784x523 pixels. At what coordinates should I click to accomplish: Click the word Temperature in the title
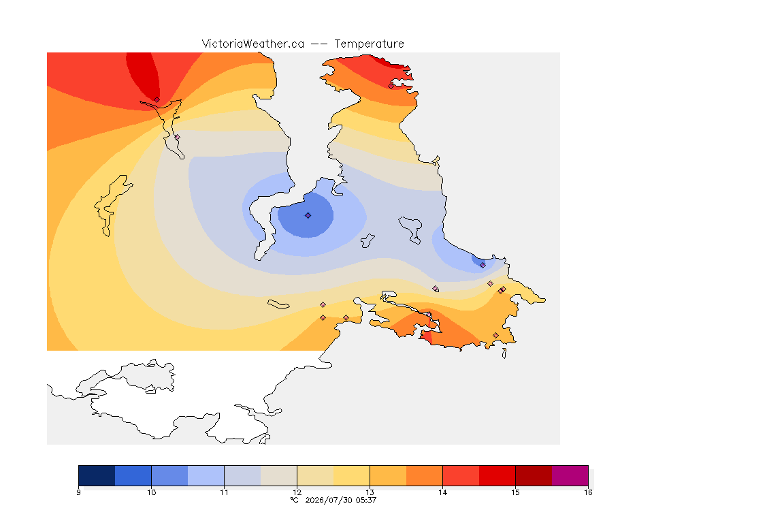tap(369, 44)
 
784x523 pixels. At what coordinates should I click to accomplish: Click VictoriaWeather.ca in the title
tap(253, 44)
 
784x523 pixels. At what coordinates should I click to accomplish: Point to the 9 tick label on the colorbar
tap(78, 492)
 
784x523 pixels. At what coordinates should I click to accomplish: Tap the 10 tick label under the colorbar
tap(151, 492)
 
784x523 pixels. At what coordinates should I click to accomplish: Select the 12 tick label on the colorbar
tap(297, 492)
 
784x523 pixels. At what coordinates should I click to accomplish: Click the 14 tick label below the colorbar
tap(442, 492)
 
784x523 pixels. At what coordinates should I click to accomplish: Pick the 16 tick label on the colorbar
tap(588, 492)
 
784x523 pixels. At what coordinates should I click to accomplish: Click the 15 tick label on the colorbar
tap(515, 492)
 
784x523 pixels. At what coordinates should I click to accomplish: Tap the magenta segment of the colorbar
tap(570, 475)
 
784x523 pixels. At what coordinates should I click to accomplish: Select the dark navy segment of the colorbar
tap(97, 475)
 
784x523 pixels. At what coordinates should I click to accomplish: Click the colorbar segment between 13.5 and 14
tap(425, 475)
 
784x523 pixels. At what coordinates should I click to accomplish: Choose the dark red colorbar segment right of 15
tap(534, 475)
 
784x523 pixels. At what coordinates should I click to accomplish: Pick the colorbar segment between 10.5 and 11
tap(206, 475)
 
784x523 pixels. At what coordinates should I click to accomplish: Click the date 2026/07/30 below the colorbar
tap(329, 500)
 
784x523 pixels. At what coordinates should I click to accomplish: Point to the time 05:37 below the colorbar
tap(366, 500)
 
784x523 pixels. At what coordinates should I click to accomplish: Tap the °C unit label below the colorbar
tap(295, 500)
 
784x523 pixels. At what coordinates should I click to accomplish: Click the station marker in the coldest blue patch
tap(308, 216)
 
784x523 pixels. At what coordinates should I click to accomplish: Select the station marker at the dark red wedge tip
tap(157, 100)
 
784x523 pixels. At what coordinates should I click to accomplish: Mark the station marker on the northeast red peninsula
tap(391, 86)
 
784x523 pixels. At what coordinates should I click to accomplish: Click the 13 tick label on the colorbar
tap(370, 492)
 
